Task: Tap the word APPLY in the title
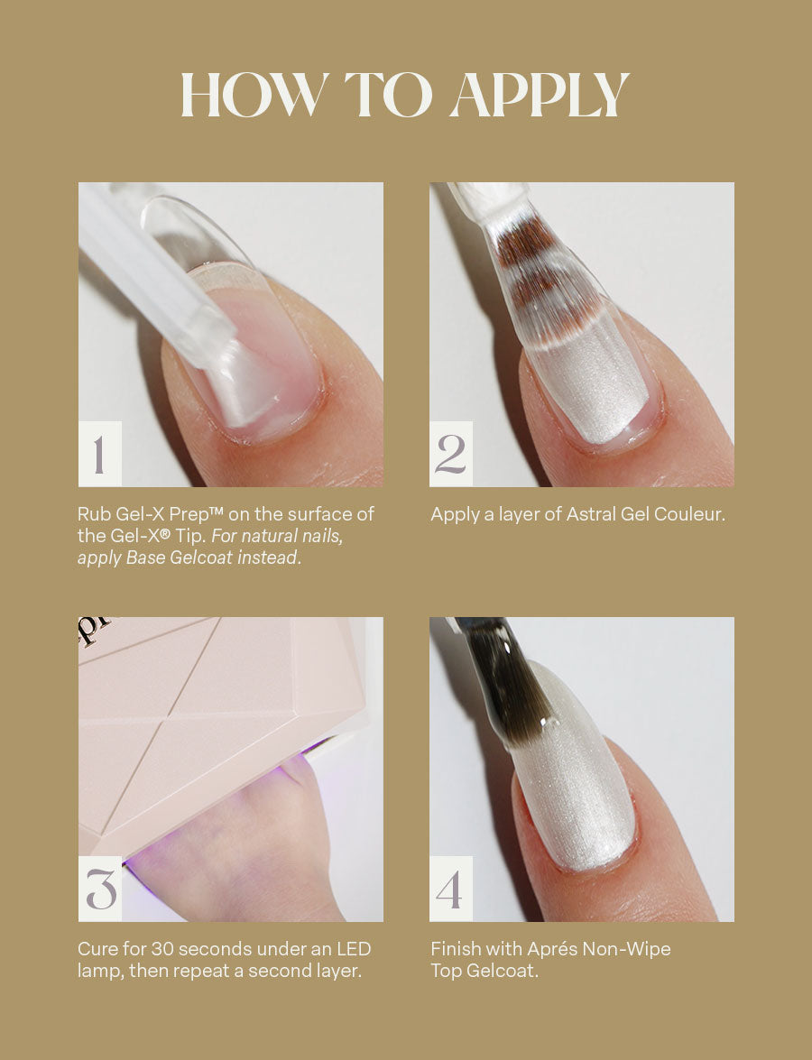pyautogui.click(x=540, y=95)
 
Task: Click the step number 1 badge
pyautogui.click(x=100, y=454)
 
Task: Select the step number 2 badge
pyautogui.click(x=451, y=454)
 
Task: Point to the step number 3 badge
pyautogui.click(x=100, y=889)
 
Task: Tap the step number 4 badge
pyautogui.click(x=451, y=889)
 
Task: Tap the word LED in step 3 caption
pyautogui.click(x=354, y=949)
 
